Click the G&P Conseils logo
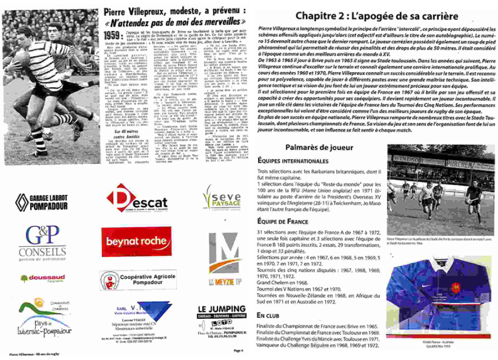coord(45,241)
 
